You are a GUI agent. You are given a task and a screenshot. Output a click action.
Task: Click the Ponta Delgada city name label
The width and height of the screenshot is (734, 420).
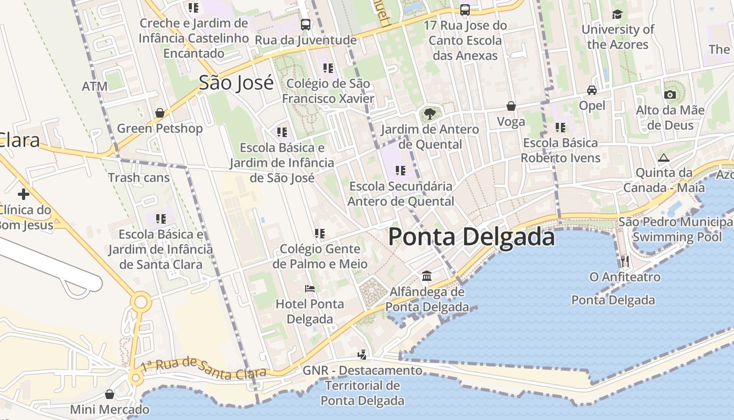(x=471, y=237)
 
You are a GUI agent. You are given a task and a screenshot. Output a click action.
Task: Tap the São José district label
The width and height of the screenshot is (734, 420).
(x=236, y=82)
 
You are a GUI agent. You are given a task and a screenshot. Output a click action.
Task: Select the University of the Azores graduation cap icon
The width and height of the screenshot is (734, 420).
(x=617, y=14)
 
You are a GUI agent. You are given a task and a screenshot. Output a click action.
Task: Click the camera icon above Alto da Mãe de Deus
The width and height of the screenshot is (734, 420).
(x=670, y=95)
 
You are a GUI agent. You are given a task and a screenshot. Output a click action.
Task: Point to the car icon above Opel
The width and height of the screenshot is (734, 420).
(x=592, y=90)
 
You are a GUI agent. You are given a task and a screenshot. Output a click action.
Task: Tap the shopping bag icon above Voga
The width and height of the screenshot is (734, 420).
(x=511, y=107)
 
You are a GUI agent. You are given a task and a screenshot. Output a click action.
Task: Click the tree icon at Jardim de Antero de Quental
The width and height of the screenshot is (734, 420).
(x=429, y=113)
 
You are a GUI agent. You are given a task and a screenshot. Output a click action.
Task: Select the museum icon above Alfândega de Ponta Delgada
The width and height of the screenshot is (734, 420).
(x=427, y=276)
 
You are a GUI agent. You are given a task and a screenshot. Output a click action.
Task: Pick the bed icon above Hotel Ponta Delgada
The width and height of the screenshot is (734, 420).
(x=310, y=289)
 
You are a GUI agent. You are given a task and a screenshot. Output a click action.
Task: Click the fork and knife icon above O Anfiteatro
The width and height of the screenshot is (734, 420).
(x=624, y=261)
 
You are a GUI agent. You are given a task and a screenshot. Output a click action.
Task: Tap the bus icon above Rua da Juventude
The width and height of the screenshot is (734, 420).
(x=305, y=25)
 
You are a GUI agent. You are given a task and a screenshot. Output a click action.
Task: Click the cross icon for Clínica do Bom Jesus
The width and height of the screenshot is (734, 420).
(x=23, y=194)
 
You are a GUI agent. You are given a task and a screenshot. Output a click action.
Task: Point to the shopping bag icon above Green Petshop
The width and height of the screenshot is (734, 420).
(x=160, y=113)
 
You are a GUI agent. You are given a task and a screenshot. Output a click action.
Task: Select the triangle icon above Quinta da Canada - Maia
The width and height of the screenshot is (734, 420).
(x=664, y=157)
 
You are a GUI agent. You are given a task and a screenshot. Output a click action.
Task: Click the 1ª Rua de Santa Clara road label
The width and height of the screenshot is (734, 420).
(x=203, y=367)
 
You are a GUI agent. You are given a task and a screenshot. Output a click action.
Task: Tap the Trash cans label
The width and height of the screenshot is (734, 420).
(x=139, y=177)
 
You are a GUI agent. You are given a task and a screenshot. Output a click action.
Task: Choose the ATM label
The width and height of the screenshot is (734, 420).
(x=94, y=86)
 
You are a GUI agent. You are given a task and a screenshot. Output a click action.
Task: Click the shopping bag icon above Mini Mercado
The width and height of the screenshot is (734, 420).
(x=110, y=394)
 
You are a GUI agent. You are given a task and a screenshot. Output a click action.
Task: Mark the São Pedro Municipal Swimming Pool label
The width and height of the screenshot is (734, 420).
(x=676, y=229)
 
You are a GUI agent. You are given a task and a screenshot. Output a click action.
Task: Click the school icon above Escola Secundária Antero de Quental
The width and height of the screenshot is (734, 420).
(x=401, y=171)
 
